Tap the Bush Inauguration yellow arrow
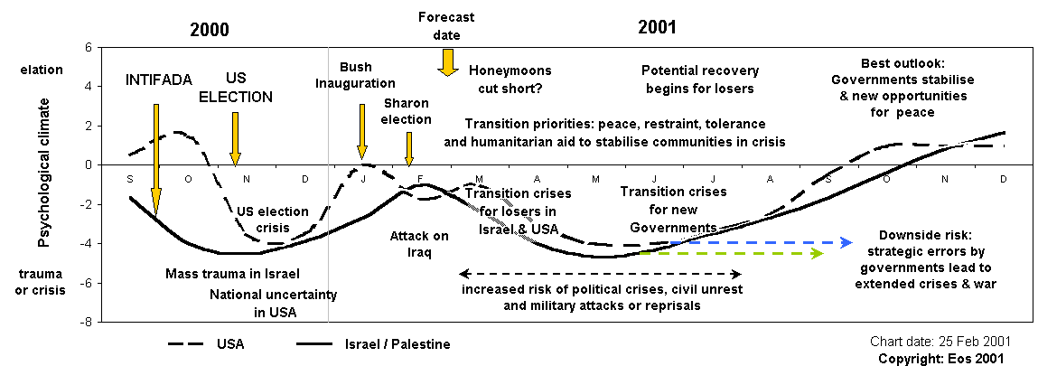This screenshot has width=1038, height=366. pos(361,131)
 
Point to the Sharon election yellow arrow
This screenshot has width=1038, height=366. pos(408,147)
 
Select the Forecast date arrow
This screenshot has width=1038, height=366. pos(446,62)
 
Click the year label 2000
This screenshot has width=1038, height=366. pos(209,28)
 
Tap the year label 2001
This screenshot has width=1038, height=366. pos(657,26)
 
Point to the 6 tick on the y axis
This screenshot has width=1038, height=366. pos(88,48)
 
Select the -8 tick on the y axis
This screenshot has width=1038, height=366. pos(87,321)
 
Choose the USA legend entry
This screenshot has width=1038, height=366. pos(207,344)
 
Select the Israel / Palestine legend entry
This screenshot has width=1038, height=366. pos(370,344)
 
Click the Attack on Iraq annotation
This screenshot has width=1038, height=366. pos(419,244)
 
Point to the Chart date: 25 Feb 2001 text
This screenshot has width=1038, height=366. pos(940,342)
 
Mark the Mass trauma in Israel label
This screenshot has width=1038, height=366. pos(232,273)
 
